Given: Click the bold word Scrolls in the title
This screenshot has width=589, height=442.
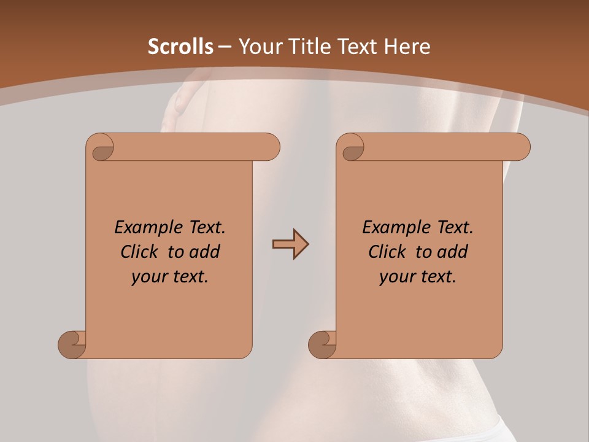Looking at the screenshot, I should [181, 47].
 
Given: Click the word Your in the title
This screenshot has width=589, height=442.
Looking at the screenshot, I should [260, 47].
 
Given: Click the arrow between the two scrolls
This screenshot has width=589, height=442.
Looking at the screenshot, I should [290, 244].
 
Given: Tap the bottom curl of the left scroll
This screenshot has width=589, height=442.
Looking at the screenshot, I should [72, 344].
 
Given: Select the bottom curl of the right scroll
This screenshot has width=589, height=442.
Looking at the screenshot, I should [322, 344].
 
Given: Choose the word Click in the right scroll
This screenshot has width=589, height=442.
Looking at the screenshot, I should [387, 252].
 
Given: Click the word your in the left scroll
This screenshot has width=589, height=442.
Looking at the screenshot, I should [149, 277].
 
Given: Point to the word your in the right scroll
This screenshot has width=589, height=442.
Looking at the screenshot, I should [397, 277].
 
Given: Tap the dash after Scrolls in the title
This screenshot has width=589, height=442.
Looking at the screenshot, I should [225, 47].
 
